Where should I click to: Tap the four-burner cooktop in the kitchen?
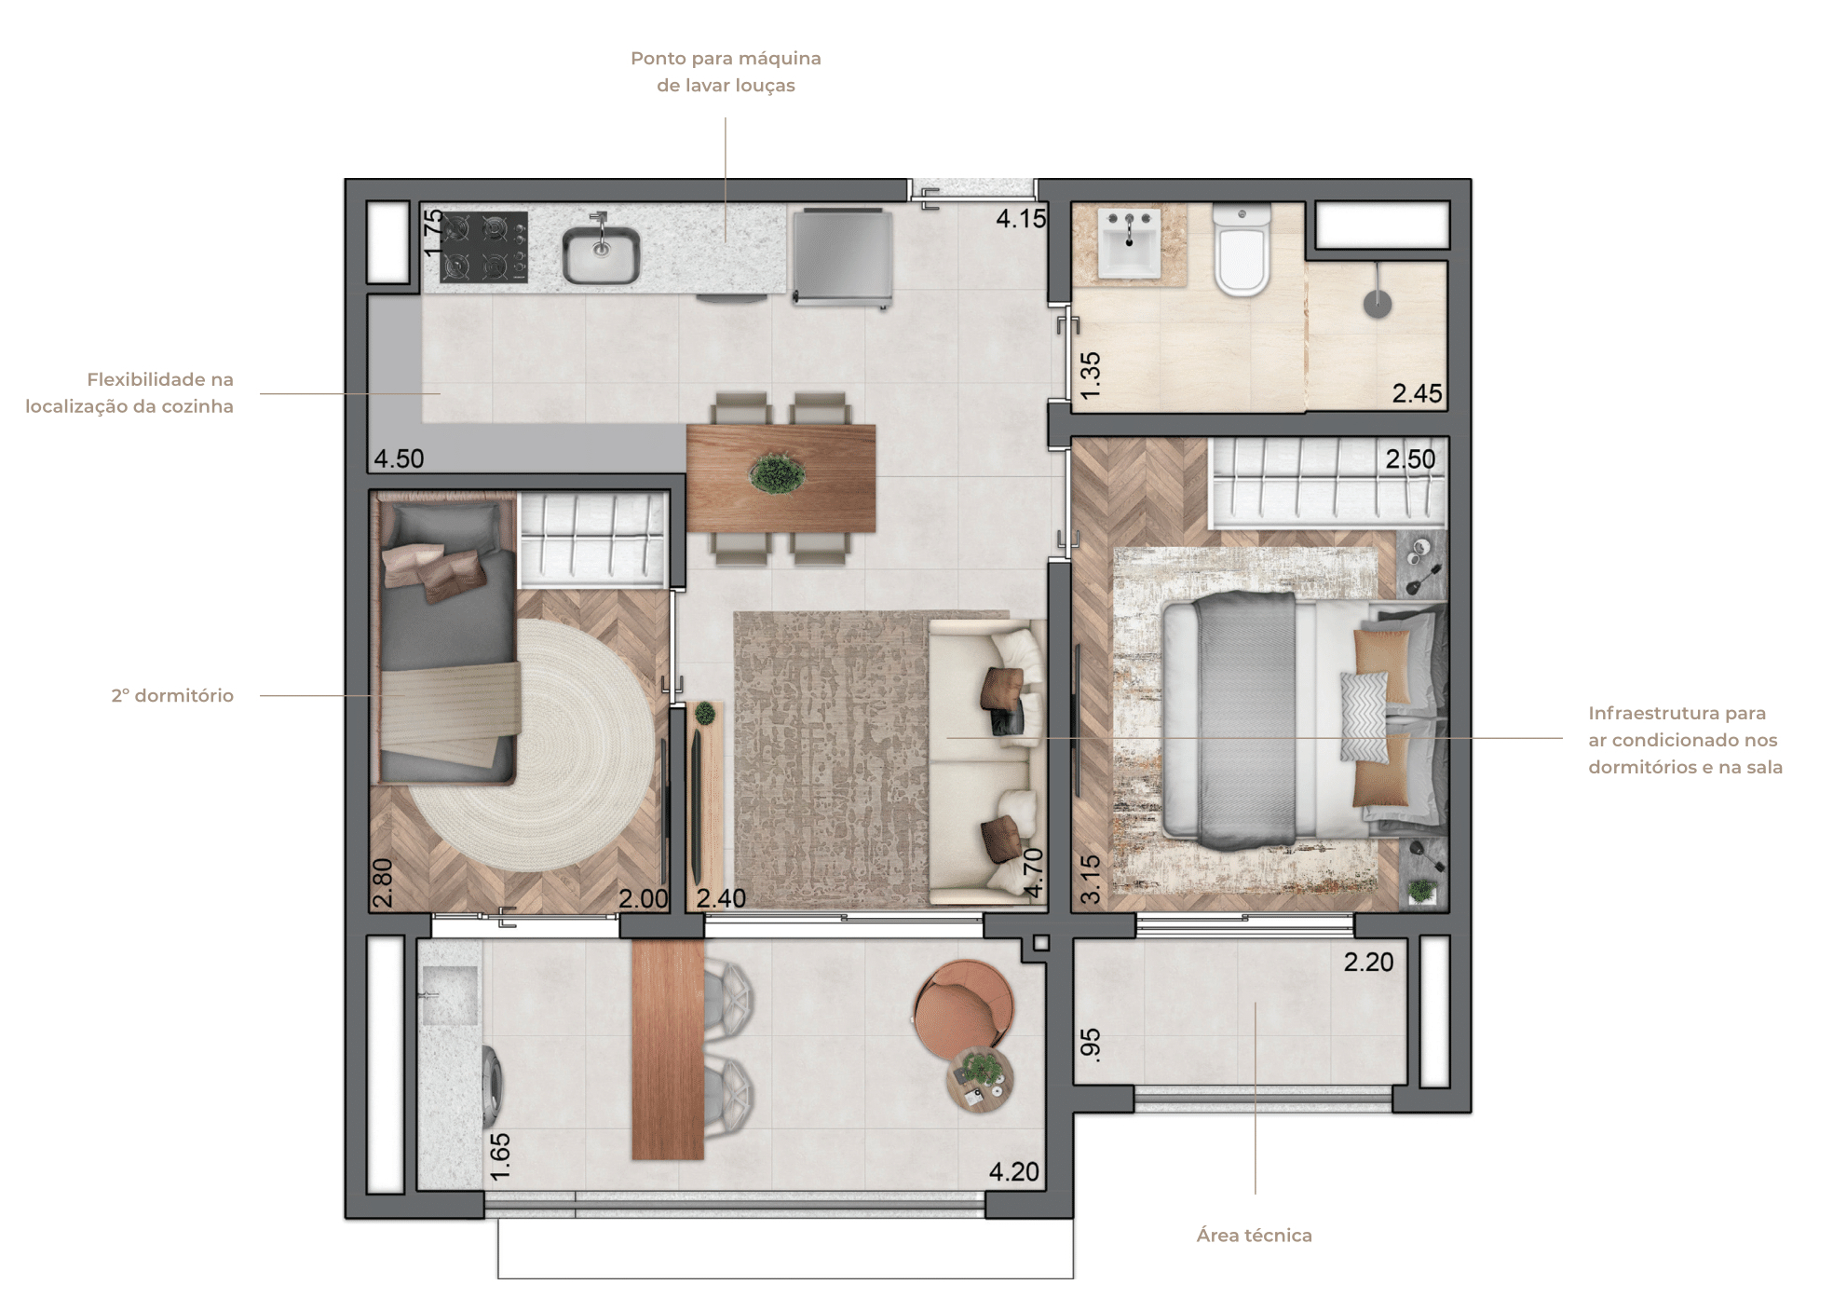tap(483, 247)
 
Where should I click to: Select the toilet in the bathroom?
tap(1242, 250)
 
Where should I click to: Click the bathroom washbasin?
tap(1130, 242)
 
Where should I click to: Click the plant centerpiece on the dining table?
tap(779, 473)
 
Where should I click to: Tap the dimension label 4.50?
tap(399, 458)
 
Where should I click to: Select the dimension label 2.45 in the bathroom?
tap(1417, 393)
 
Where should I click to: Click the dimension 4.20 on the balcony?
tap(1013, 1171)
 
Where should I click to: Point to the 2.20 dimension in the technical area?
tap(1368, 962)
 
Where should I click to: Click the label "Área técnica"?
tap(1254, 1235)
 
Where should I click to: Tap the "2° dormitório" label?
tap(172, 695)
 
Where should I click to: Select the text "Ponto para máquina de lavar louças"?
tap(726, 72)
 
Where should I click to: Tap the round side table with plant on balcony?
tap(980, 1079)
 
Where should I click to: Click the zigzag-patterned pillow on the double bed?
tap(1364, 717)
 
